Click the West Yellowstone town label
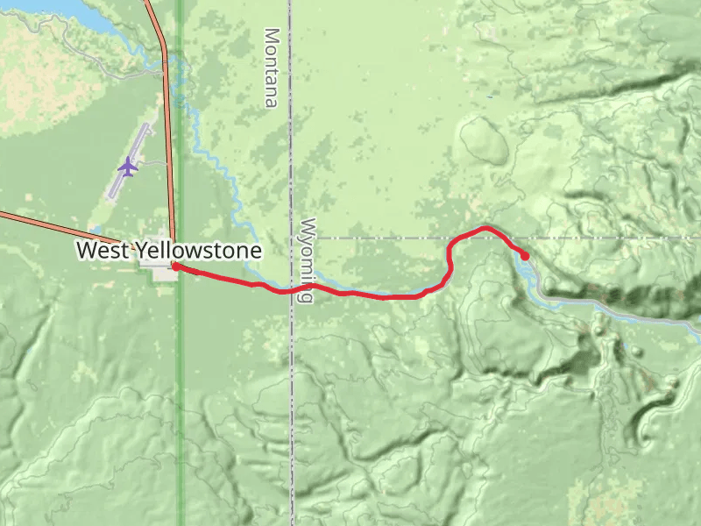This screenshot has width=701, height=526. pyautogui.click(x=168, y=251)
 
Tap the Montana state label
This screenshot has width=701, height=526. pyautogui.click(x=272, y=68)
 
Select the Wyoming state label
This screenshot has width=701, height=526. pyautogui.click(x=306, y=260)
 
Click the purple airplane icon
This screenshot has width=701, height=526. pyautogui.click(x=128, y=165)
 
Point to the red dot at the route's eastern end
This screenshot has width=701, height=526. pyautogui.click(x=525, y=256)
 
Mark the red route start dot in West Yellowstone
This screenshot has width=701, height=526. pyautogui.click(x=175, y=267)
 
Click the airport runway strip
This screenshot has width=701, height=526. pyautogui.click(x=131, y=158)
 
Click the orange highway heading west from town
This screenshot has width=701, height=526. pyautogui.click(x=53, y=223)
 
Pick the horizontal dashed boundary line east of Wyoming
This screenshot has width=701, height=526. pyautogui.click(x=613, y=238)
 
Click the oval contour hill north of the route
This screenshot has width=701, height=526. pyautogui.click(x=483, y=140)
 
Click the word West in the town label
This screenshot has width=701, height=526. pyautogui.click(x=103, y=251)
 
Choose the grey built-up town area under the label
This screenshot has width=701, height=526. pyautogui.click(x=163, y=274)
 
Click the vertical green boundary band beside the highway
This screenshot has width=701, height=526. pyautogui.click(x=181, y=394)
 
